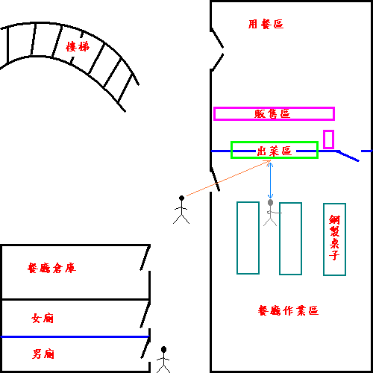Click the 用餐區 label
[266, 24]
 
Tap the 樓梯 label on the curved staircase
[78, 46]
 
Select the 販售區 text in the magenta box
[272, 114]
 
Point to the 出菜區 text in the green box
[275, 151]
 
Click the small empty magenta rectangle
[328, 140]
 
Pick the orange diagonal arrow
[228, 178]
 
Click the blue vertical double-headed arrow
[270, 181]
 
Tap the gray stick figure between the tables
[271, 213]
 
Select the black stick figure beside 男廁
[163, 360]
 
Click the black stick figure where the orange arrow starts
[181, 210]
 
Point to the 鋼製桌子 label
[334, 238]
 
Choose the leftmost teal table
[248, 238]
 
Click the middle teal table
[290, 239]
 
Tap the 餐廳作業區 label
[288, 310]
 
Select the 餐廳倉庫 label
[51, 268]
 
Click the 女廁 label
[43, 318]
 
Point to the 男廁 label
[43, 354]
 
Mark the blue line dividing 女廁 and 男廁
[75, 336]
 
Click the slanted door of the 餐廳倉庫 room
[145, 257]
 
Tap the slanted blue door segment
[348, 156]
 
